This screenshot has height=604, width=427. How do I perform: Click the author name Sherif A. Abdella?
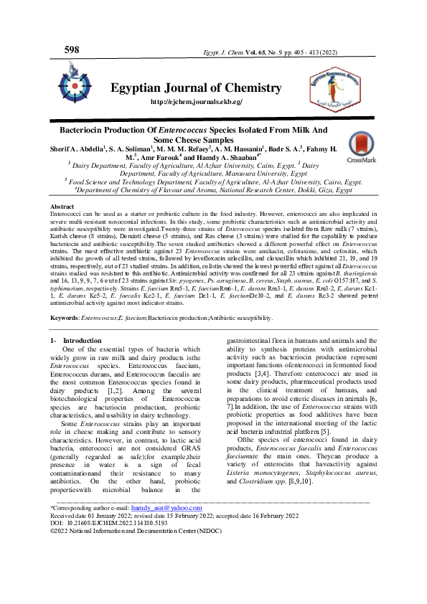click(x=75, y=148)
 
